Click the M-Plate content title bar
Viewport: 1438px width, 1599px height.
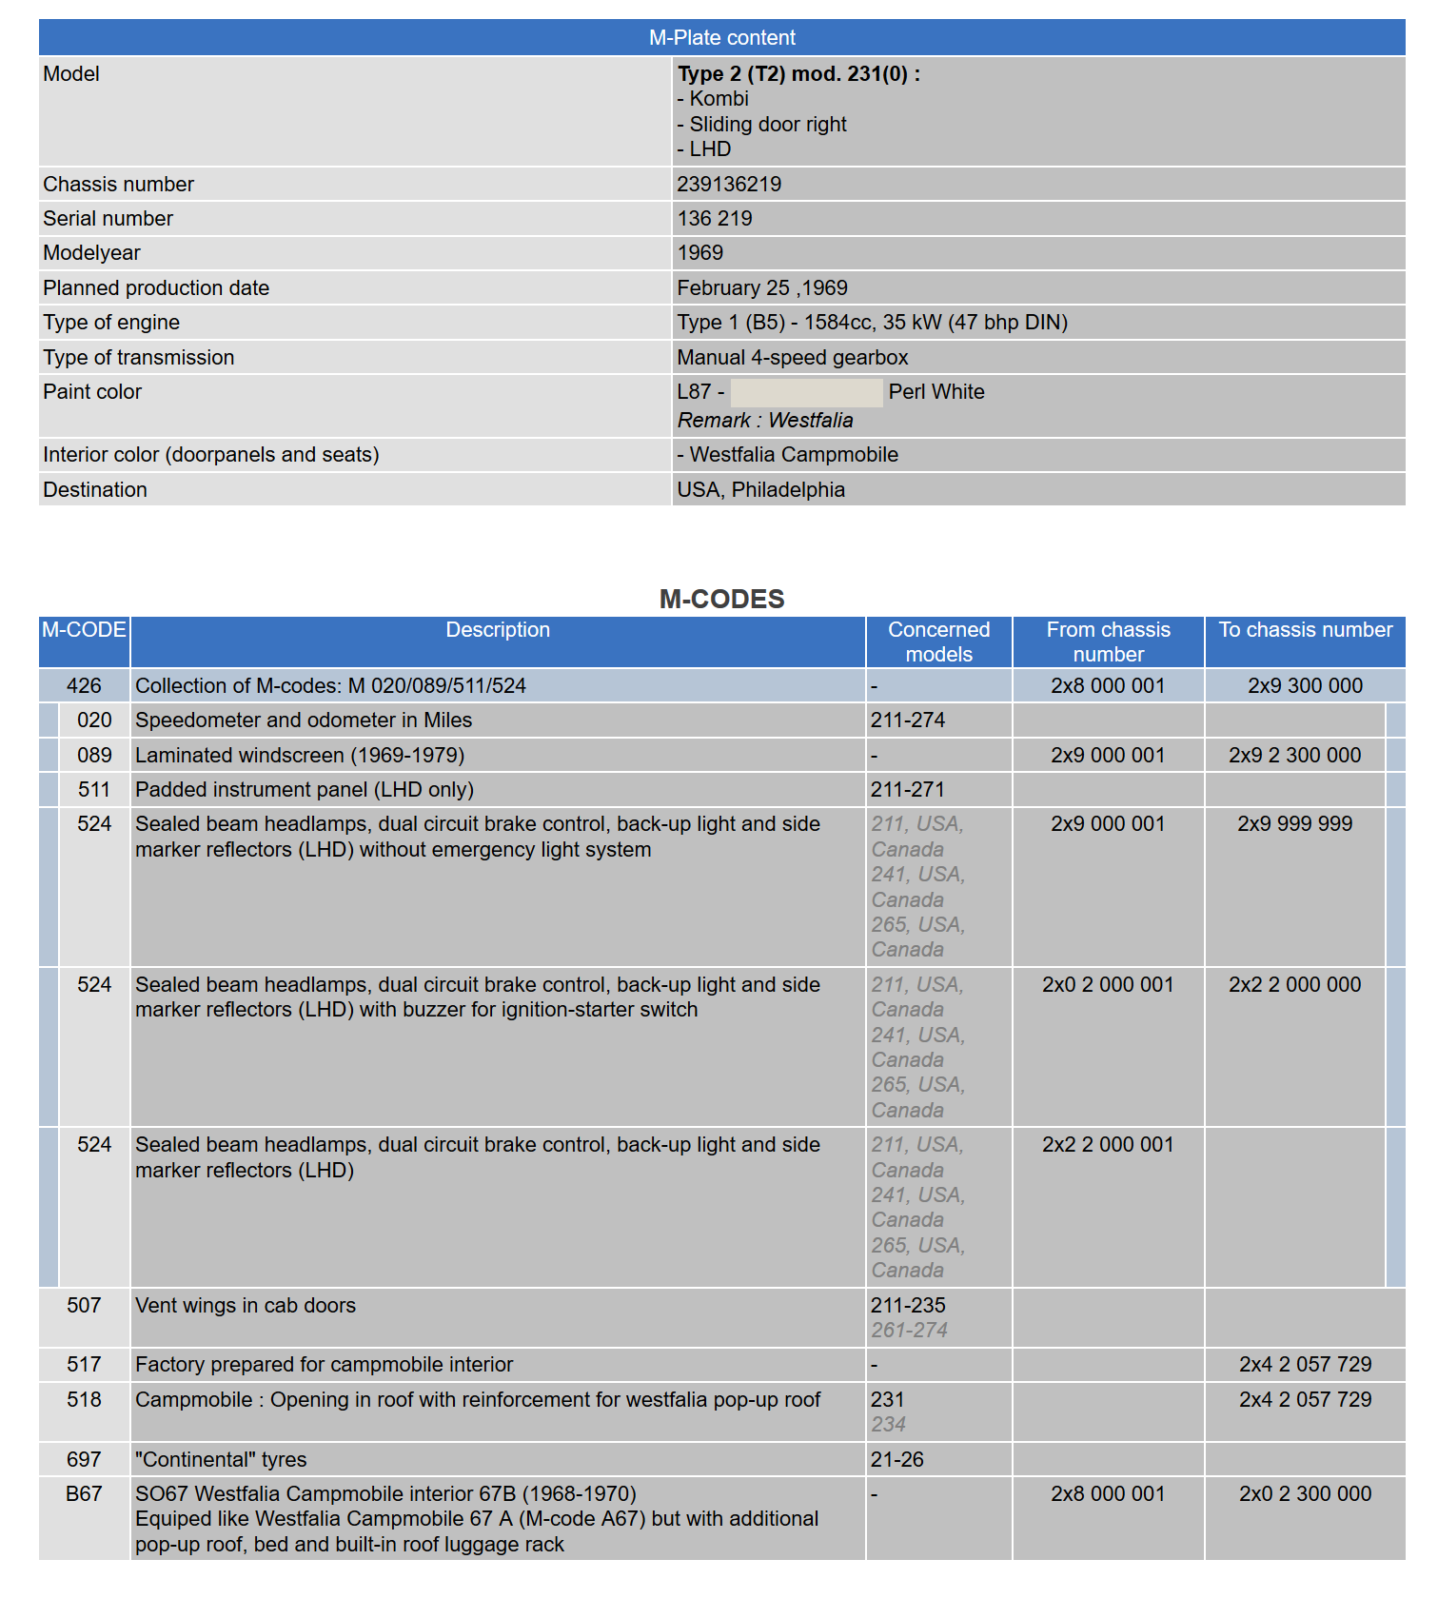click(721, 38)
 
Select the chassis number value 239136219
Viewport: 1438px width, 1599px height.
click(729, 185)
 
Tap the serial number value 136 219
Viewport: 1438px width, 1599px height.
click(715, 219)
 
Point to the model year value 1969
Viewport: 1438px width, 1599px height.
click(700, 253)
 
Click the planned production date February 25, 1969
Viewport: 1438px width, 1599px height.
click(762, 288)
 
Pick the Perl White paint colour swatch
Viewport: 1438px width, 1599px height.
click(806, 392)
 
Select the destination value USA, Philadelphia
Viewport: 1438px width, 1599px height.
click(761, 490)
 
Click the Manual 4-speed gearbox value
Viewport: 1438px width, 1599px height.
click(793, 358)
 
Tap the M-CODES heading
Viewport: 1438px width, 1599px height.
click(721, 599)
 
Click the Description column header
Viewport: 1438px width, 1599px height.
click(498, 630)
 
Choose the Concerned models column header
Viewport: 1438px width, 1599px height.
click(938, 642)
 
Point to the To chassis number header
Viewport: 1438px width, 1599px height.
click(1305, 630)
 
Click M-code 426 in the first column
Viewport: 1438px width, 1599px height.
click(84, 686)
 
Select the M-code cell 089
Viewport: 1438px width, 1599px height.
click(94, 756)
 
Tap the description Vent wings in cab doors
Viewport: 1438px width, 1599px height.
click(246, 1306)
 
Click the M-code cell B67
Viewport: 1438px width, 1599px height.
click(84, 1494)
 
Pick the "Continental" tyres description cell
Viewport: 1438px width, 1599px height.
click(221, 1460)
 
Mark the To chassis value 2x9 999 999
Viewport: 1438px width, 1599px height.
click(1294, 824)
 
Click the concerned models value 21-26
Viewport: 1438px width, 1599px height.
click(896, 1460)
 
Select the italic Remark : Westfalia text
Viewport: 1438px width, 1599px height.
click(765, 421)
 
